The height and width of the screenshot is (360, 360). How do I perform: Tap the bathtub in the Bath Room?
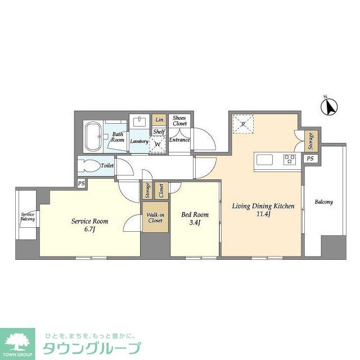pos(93,136)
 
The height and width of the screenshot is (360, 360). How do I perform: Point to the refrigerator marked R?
pos(244,124)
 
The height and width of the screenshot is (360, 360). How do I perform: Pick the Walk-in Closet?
pos(155,217)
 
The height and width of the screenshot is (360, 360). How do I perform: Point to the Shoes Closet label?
pos(179,120)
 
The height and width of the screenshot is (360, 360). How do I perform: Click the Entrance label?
pos(179,140)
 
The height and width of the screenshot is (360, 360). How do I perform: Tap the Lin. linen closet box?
pos(160,120)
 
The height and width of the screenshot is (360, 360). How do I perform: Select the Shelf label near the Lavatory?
pos(159,132)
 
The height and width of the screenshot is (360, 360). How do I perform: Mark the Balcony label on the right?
pos(323,202)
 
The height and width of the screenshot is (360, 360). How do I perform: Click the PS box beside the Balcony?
pos(310,159)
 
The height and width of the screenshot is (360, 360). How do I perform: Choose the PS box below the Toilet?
pos(82,183)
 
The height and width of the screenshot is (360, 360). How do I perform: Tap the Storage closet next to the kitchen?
pos(310,141)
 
